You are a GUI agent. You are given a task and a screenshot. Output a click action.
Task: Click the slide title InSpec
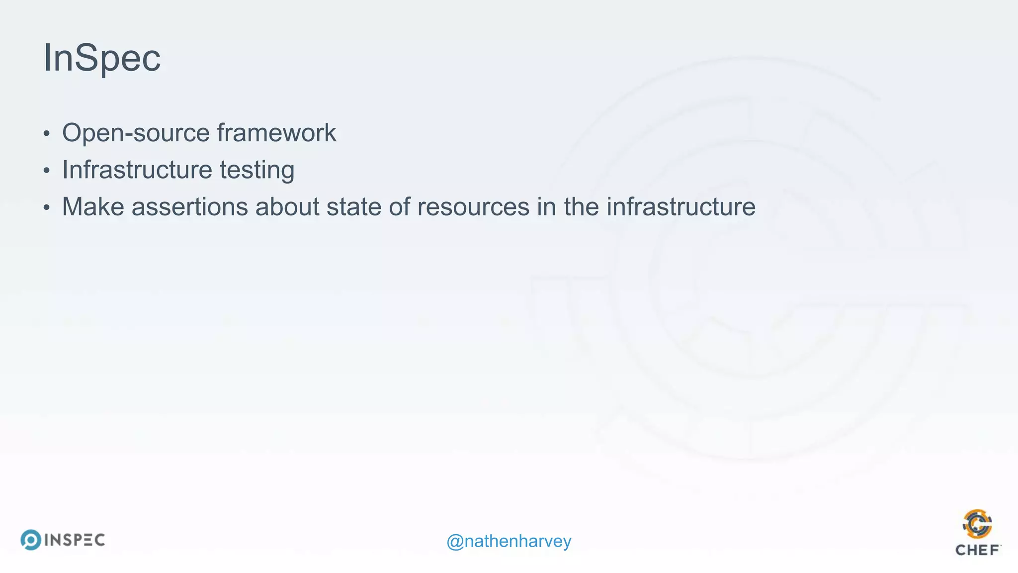coord(102,58)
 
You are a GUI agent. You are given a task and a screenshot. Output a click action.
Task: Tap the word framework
coord(276,133)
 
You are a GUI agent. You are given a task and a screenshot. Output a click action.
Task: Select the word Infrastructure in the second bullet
coord(137,170)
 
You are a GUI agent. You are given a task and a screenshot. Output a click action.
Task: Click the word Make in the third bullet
coord(93,206)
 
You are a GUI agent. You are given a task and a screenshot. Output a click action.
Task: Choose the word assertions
coord(189,206)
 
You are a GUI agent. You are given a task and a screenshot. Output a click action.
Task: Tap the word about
coord(287,206)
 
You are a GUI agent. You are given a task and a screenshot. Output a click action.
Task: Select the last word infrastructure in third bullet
coord(680,206)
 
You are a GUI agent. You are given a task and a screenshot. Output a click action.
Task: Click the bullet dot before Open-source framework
coord(47,134)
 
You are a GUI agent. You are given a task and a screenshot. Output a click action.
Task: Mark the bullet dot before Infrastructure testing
coord(47,171)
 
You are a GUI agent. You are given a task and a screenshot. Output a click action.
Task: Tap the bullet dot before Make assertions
coord(47,207)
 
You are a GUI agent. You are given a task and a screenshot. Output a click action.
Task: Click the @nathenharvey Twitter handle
coord(509,541)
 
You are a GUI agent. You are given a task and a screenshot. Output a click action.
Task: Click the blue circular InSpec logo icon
coord(31,540)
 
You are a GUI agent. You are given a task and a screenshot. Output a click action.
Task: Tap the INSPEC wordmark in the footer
coord(75,540)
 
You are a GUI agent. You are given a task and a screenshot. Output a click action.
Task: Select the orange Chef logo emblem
coord(977,524)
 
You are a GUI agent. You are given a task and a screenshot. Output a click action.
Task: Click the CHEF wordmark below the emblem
coord(977,550)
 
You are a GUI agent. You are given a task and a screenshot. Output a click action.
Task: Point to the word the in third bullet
coord(581,206)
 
